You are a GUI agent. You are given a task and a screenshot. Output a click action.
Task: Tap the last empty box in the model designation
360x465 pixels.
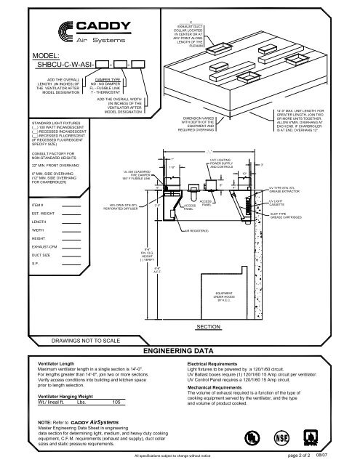[137, 65]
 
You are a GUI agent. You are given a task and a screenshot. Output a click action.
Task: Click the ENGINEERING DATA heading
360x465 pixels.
[179, 350]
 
